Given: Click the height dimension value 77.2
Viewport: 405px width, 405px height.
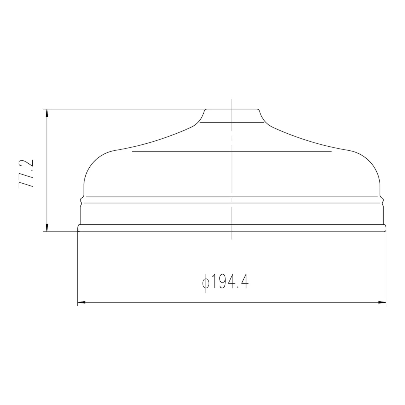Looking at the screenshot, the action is click(26, 173).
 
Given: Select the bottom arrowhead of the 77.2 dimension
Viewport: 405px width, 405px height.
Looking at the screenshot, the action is click(47, 228).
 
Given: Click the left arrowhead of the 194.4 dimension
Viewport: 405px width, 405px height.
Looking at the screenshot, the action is click(82, 303).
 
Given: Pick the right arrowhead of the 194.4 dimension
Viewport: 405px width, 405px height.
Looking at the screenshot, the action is click(382, 303).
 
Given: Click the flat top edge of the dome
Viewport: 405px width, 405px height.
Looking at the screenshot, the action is click(232, 109).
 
